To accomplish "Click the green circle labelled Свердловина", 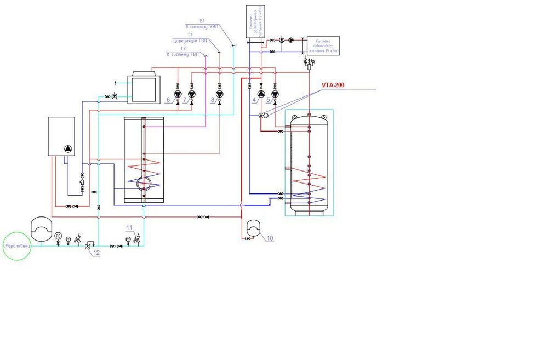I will [x=16, y=246].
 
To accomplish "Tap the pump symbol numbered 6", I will [x=178, y=94].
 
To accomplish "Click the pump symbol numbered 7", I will [x=191, y=94].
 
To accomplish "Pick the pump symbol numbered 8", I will [x=220, y=94].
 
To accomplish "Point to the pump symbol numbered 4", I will [x=261, y=94].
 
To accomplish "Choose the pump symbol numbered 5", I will [x=275, y=94].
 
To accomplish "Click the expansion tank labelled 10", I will [x=254, y=227].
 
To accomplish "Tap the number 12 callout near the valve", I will [x=96, y=254].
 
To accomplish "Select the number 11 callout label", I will [x=129, y=227].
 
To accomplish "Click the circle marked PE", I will [x=58, y=236].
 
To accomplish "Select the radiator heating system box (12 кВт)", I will [x=256, y=21].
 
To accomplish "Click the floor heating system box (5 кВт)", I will [x=323, y=45].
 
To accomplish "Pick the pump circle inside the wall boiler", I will [x=68, y=148].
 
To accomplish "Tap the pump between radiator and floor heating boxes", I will [x=290, y=40].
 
